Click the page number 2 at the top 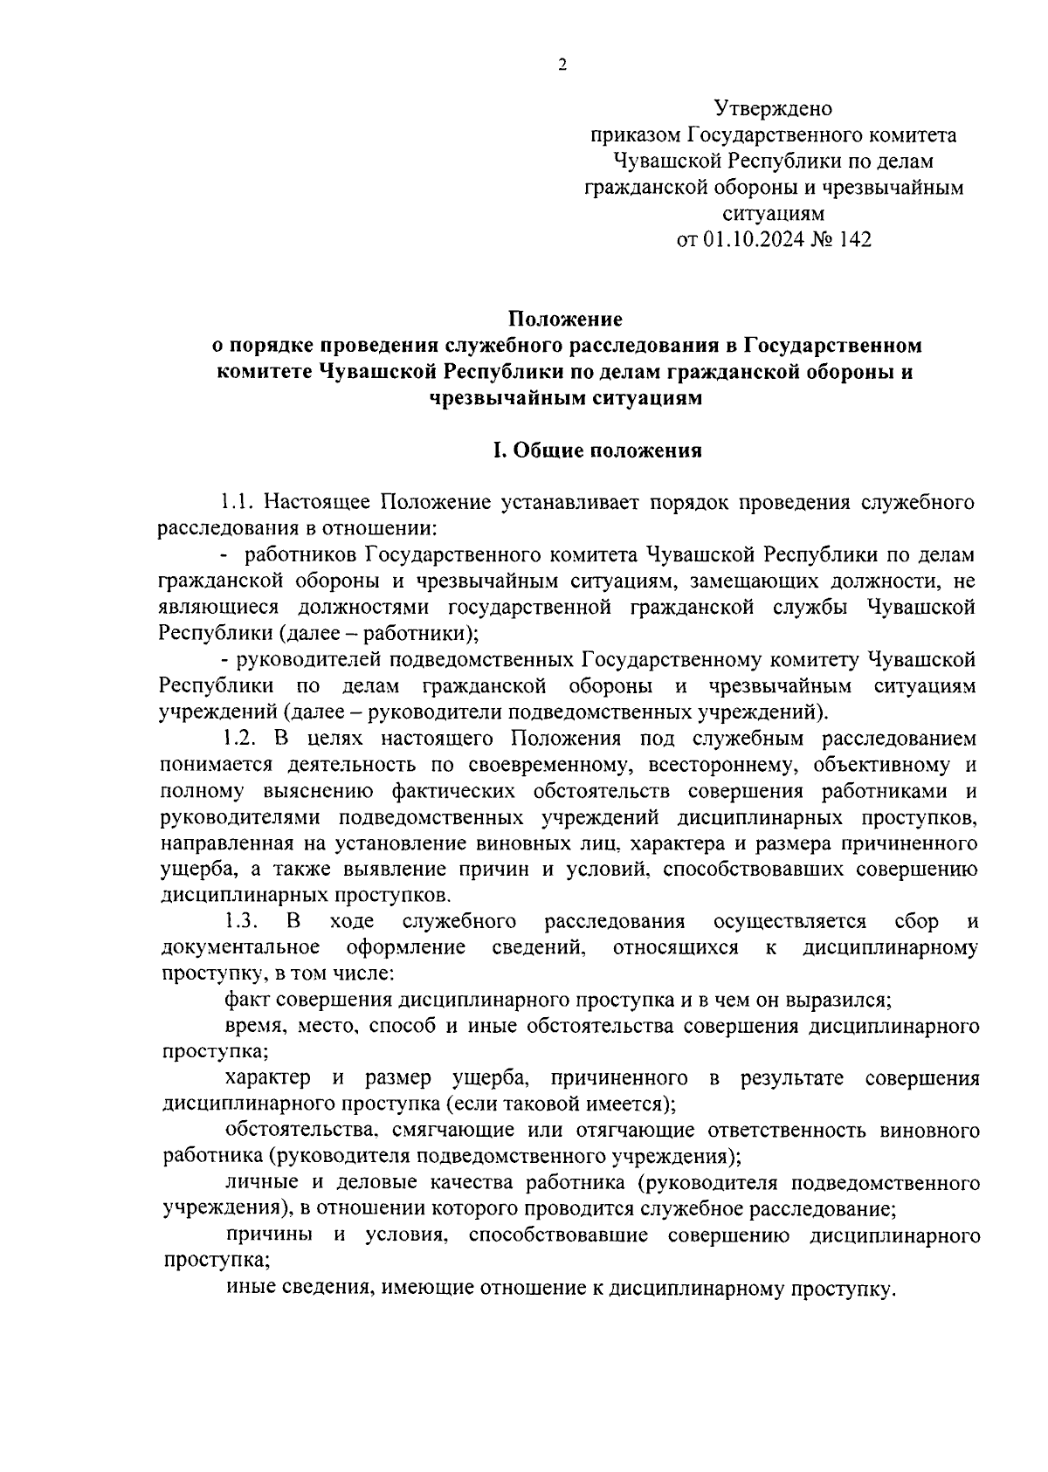point(562,65)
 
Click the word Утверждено point(773,109)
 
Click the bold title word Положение point(567,319)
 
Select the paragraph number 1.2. point(238,738)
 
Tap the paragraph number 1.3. point(238,921)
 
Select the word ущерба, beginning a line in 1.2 point(193,869)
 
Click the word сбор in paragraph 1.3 point(916,921)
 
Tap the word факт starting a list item point(245,999)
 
